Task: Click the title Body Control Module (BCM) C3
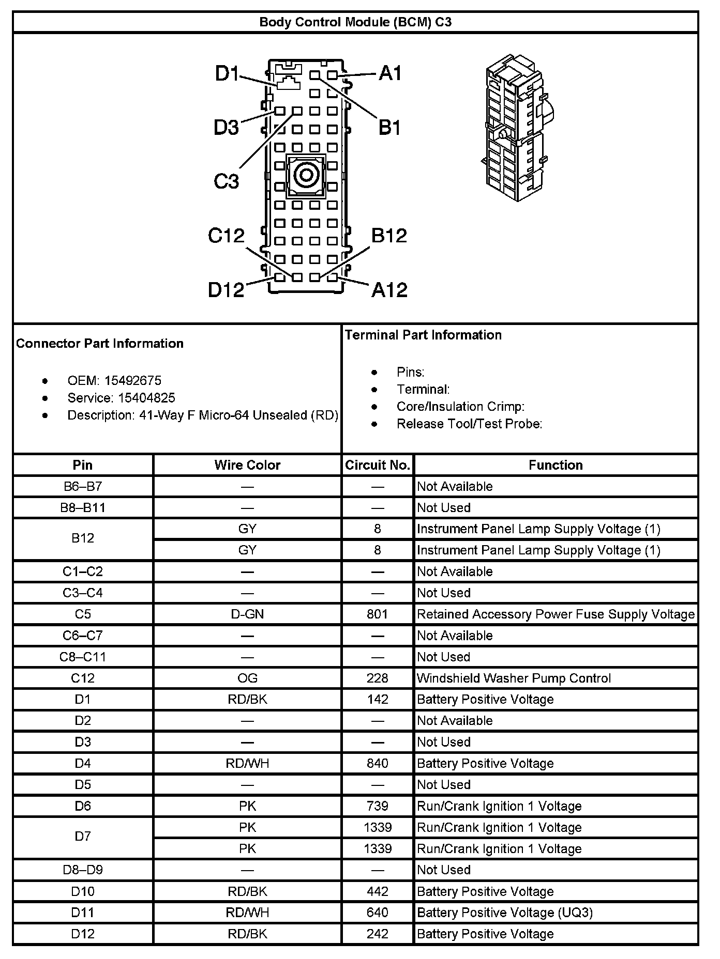tap(355, 22)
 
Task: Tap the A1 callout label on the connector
tap(390, 73)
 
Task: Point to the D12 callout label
tap(226, 289)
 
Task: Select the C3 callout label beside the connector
tap(227, 181)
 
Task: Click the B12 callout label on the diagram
tap(389, 236)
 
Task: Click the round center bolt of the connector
tap(306, 175)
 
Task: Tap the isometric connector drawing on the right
tap(517, 127)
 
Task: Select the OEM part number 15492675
tap(133, 381)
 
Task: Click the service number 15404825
tap(146, 398)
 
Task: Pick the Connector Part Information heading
tap(100, 344)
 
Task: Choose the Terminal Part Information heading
tap(423, 335)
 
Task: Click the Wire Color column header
tap(247, 465)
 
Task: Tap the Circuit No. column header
tap(378, 465)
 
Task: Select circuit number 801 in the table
tap(378, 614)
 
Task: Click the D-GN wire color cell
tap(247, 614)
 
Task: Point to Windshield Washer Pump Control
tap(514, 678)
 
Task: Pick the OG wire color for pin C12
tap(247, 678)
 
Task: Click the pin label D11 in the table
tap(83, 912)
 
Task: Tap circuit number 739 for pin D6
tap(378, 806)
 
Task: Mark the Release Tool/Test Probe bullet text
tap(469, 424)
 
